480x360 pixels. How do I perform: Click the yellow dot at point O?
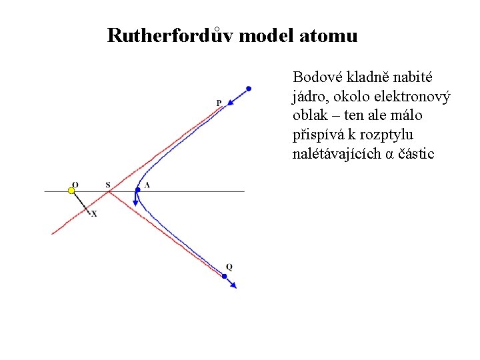[71, 191]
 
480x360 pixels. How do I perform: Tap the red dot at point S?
[109, 191]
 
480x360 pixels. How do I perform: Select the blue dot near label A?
[136, 190]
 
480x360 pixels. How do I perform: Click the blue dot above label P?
[249, 88]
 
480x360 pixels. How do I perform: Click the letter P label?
[219, 103]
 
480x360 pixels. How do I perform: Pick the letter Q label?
[229, 267]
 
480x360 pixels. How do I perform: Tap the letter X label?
[94, 213]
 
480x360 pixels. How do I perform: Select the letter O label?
[75, 184]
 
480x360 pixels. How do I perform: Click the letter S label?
[109, 184]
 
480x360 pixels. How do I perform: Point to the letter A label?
[147, 185]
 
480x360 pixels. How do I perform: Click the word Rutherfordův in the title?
[170, 35]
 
